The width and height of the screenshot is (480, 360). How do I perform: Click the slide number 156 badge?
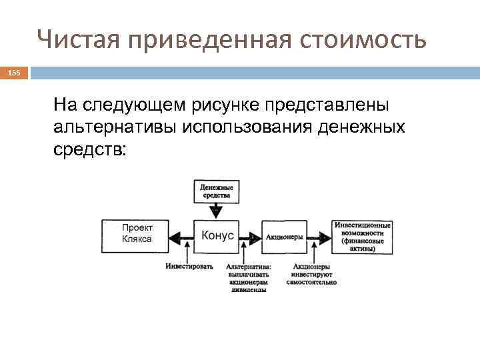(x=14, y=71)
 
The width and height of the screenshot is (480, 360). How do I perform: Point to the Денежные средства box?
(x=217, y=192)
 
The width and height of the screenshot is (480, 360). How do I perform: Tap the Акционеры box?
(x=284, y=237)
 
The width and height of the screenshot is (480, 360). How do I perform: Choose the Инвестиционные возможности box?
(x=363, y=236)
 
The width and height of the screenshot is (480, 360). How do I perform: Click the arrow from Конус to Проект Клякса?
(x=181, y=236)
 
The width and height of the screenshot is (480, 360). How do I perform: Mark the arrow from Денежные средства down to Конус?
(x=217, y=211)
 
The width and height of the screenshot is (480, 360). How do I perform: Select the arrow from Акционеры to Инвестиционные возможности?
(x=319, y=237)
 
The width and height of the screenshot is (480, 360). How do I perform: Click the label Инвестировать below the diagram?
(x=189, y=267)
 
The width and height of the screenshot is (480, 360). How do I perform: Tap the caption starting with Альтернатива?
(x=246, y=278)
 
